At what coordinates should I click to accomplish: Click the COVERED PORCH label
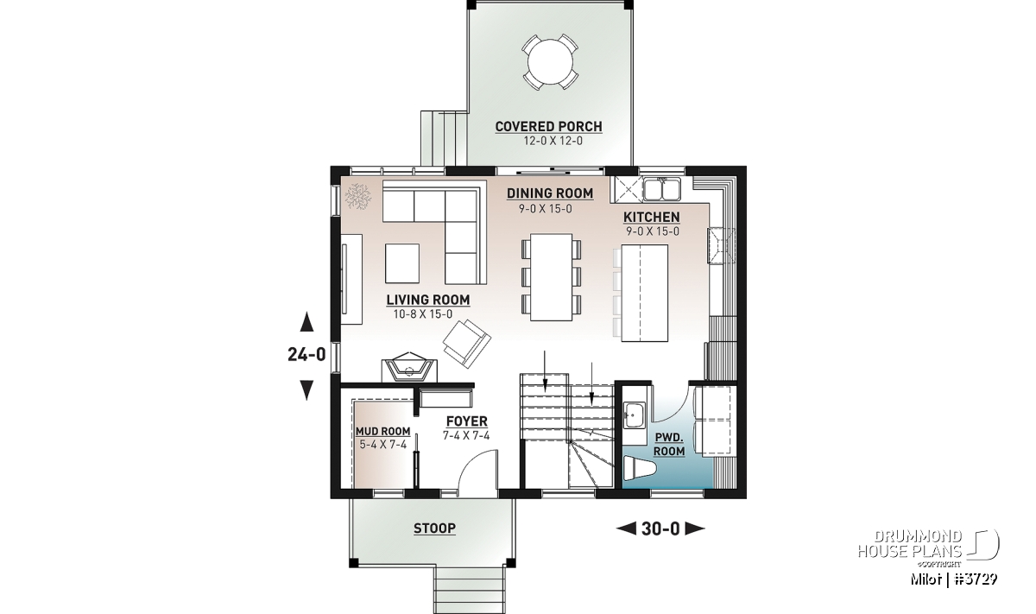click(x=548, y=126)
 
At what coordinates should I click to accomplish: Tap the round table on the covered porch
click(x=551, y=61)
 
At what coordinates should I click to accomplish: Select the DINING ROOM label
click(x=550, y=193)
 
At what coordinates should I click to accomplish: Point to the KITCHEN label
click(x=652, y=217)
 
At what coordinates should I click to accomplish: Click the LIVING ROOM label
click(x=428, y=300)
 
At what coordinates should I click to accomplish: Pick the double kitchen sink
click(x=662, y=189)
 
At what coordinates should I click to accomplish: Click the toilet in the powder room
click(x=640, y=468)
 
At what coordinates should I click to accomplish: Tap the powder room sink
click(x=635, y=415)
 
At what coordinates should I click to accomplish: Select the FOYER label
click(x=467, y=421)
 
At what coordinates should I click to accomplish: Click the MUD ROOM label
click(x=383, y=431)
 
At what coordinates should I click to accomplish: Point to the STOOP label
click(x=435, y=528)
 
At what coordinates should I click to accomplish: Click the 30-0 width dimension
click(x=660, y=529)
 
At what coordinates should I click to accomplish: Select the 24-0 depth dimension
click(x=306, y=355)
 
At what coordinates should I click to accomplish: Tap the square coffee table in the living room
click(x=402, y=263)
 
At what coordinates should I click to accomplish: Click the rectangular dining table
click(x=552, y=277)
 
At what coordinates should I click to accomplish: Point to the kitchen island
click(x=645, y=293)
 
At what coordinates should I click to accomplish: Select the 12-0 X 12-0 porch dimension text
click(x=553, y=141)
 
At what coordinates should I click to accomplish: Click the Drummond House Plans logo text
click(x=910, y=544)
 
